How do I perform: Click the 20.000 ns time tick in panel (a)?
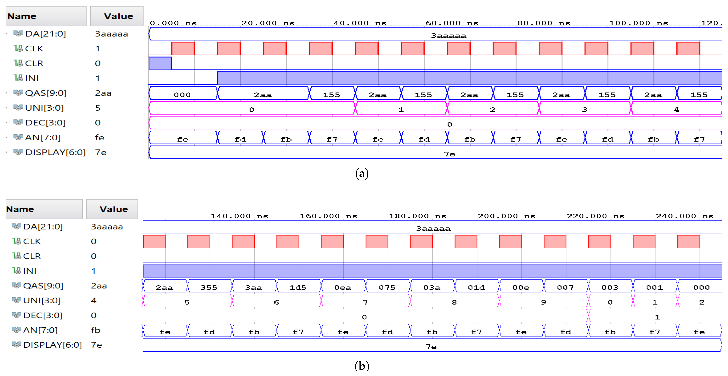click(x=268, y=23)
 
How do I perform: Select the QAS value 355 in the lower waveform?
click(x=209, y=287)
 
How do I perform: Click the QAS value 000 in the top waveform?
click(x=182, y=95)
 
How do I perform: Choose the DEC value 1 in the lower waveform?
click(x=657, y=317)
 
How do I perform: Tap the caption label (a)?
click(x=362, y=174)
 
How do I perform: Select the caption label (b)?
click(x=362, y=366)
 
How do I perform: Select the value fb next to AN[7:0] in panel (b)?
click(x=96, y=330)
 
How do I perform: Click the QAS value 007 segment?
click(x=565, y=287)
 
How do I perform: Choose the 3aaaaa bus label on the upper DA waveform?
click(x=448, y=36)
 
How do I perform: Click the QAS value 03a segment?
click(x=432, y=287)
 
